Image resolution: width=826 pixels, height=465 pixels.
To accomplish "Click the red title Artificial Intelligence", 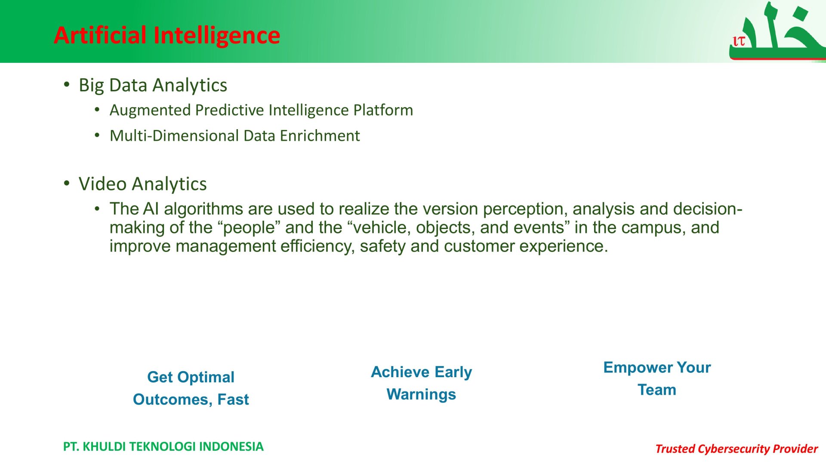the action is tap(167, 35).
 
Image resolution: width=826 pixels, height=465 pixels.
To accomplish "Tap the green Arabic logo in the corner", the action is tap(777, 31).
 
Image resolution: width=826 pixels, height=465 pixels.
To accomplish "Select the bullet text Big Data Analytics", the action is tap(153, 85).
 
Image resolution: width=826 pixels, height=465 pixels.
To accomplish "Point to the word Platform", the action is tap(383, 110).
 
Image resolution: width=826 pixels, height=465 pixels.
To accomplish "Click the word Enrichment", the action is tap(320, 136).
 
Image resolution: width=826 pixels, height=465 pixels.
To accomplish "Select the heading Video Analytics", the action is tap(142, 184).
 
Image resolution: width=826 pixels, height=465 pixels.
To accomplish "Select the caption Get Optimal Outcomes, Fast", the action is tap(191, 388).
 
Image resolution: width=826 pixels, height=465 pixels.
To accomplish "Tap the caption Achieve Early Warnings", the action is tap(421, 383).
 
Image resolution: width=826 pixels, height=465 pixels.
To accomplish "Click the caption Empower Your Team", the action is tap(657, 378).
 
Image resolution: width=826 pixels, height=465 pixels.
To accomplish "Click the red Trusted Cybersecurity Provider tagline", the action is tap(736, 449).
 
